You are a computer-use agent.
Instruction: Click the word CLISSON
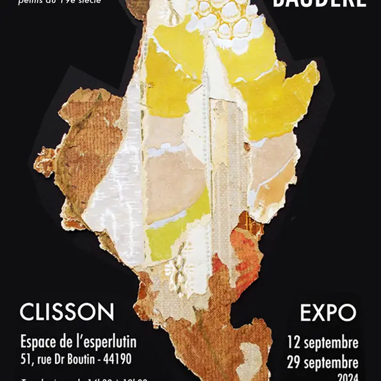pos(67,312)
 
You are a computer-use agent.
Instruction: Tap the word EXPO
pos(328,312)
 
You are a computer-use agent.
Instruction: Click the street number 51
pos(26,359)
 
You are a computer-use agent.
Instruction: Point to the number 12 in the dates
pos(294,342)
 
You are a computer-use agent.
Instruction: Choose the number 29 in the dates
pos(294,362)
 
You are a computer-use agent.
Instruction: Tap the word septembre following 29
pos(332,362)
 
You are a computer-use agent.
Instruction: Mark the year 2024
pos(347,377)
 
